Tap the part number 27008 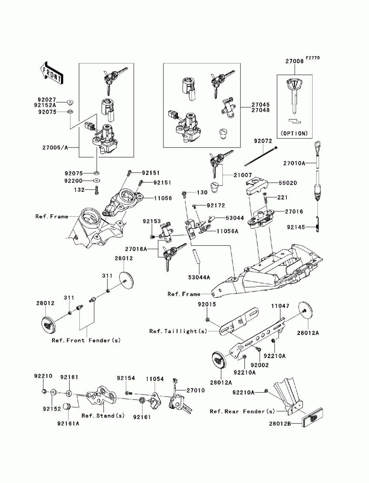[294, 61]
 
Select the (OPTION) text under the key [294, 133]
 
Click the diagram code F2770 [313, 58]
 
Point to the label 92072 [263, 141]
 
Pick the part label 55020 [288, 183]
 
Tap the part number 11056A [227, 231]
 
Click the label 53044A [199, 277]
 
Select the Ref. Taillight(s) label [178, 331]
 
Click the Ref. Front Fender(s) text [86, 340]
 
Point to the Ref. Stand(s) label [103, 415]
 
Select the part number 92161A [68, 423]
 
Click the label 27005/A [55, 148]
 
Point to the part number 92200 [73, 181]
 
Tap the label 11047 [280, 306]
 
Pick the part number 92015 [207, 304]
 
